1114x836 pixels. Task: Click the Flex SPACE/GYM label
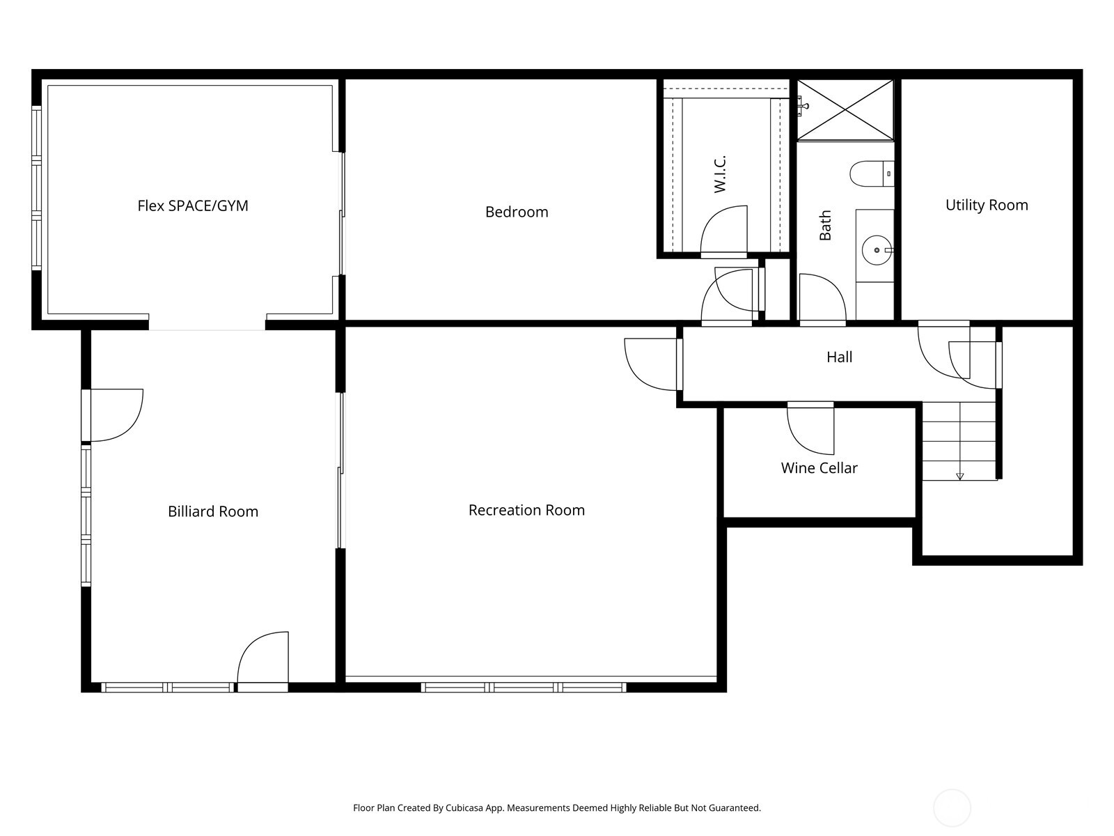pyautogui.click(x=193, y=206)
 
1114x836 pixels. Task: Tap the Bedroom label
pyautogui.click(x=517, y=212)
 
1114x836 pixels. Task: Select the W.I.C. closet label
pyautogui.click(x=720, y=174)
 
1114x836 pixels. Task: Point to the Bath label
pyautogui.click(x=825, y=226)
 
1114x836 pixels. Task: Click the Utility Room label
pyautogui.click(x=987, y=205)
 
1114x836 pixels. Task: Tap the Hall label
pyautogui.click(x=839, y=357)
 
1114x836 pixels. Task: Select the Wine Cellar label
pyautogui.click(x=819, y=468)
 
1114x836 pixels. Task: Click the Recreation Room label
pyautogui.click(x=526, y=510)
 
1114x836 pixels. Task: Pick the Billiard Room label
pyautogui.click(x=213, y=511)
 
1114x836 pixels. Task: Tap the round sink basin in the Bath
pyautogui.click(x=875, y=249)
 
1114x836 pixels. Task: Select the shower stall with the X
pyautogui.click(x=845, y=109)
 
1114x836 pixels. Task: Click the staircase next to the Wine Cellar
pyautogui.click(x=959, y=441)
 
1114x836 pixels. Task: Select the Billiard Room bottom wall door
pyautogui.click(x=263, y=658)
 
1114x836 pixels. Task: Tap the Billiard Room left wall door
pyautogui.click(x=115, y=415)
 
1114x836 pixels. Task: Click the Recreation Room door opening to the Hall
pyautogui.click(x=652, y=364)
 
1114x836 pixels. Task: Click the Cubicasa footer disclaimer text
pyautogui.click(x=556, y=808)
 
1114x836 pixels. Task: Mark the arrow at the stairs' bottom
pyautogui.click(x=959, y=477)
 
